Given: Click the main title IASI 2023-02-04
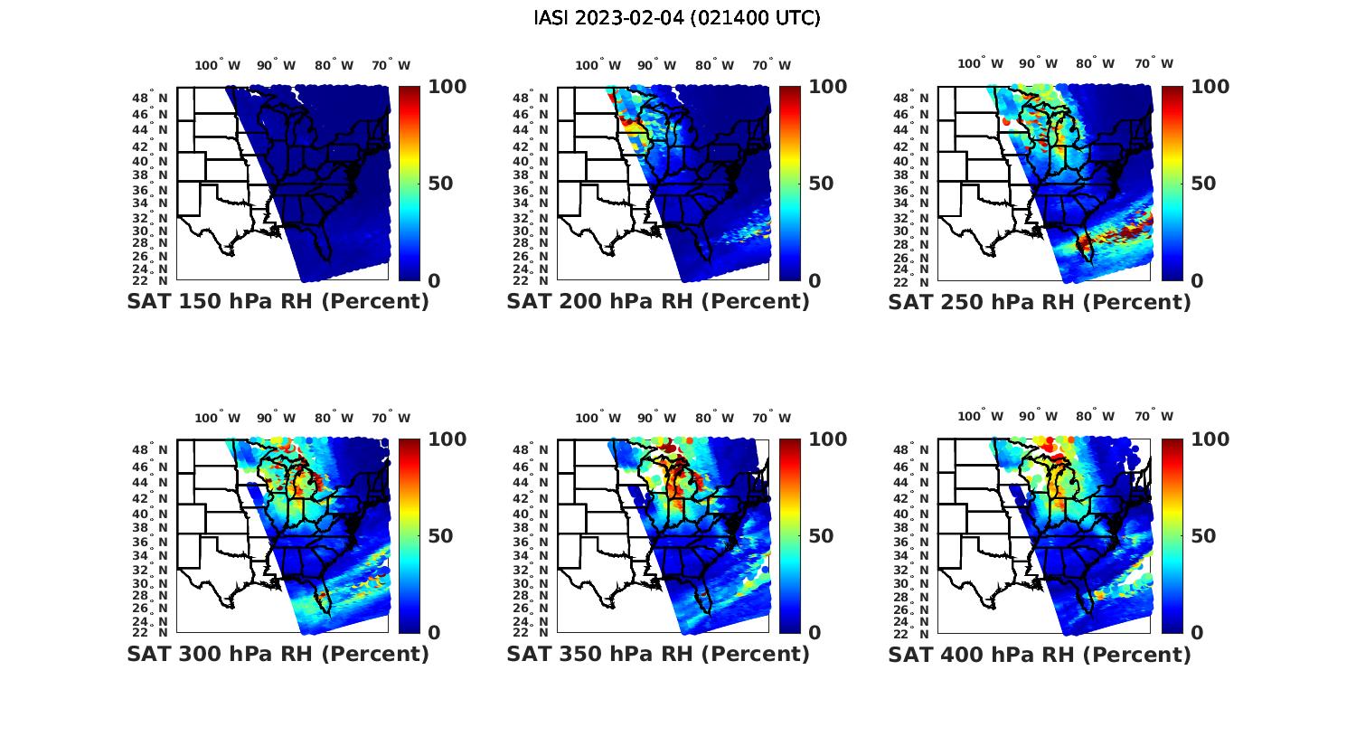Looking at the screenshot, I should click(677, 18).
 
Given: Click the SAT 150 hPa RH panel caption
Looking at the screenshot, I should click(278, 301).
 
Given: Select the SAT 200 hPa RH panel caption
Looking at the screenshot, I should click(658, 301).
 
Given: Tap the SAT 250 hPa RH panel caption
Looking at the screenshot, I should click(1040, 301).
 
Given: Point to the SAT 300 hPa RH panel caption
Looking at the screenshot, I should click(278, 654).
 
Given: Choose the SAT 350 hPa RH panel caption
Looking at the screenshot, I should click(658, 654).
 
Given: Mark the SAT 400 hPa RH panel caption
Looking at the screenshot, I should click(1040, 654).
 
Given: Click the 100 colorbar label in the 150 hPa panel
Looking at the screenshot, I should click(447, 87).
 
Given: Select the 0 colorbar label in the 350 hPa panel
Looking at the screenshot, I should click(815, 633).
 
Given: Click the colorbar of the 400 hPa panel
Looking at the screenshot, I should click(1172, 535).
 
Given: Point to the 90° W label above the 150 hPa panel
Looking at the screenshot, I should click(276, 65).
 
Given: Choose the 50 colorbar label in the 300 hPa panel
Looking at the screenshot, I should click(439, 536).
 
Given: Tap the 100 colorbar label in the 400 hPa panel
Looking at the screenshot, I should click(1210, 439).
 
